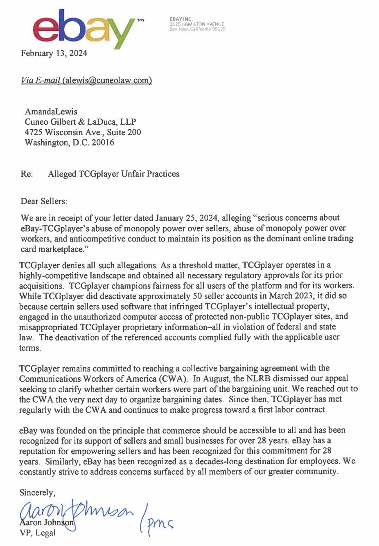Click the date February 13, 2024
(x=54, y=53)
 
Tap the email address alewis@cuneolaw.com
(x=107, y=80)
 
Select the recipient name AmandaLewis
(x=51, y=112)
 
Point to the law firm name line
(x=80, y=122)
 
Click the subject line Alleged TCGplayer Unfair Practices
(x=113, y=174)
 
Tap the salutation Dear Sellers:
(x=44, y=201)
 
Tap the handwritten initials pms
(x=160, y=523)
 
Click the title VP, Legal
(x=37, y=533)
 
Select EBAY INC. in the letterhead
(x=181, y=19)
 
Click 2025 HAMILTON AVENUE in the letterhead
(x=197, y=24)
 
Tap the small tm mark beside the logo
(x=141, y=20)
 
